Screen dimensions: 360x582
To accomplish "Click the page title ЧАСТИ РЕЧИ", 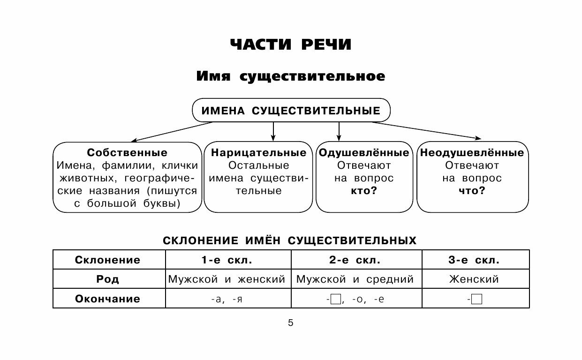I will (x=291, y=45).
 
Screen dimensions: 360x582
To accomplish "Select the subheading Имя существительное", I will (x=291, y=76).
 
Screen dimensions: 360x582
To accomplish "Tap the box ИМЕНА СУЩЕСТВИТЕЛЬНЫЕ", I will (x=291, y=111).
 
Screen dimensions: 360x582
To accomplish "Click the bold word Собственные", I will (x=127, y=153).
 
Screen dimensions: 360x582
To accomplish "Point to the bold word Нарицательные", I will (x=258, y=153).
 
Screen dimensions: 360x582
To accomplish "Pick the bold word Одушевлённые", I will (x=363, y=153).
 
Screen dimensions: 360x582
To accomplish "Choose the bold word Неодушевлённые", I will (x=472, y=153).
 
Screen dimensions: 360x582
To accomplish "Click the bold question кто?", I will (x=363, y=191).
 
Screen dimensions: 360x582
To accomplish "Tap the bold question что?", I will (x=472, y=191).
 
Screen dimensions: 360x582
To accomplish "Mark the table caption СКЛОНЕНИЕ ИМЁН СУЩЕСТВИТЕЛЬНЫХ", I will (x=289, y=240).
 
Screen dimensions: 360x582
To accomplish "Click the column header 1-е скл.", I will (x=228, y=260).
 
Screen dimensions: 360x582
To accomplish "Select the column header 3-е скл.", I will (x=476, y=260).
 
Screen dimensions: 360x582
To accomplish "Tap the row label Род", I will (x=108, y=279).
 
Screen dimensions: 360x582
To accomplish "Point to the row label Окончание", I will (x=108, y=299).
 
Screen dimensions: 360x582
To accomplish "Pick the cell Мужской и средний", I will (x=355, y=279).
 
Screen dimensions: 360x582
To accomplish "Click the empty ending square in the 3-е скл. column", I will (x=477, y=299).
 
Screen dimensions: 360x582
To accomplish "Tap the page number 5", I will (x=290, y=322).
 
